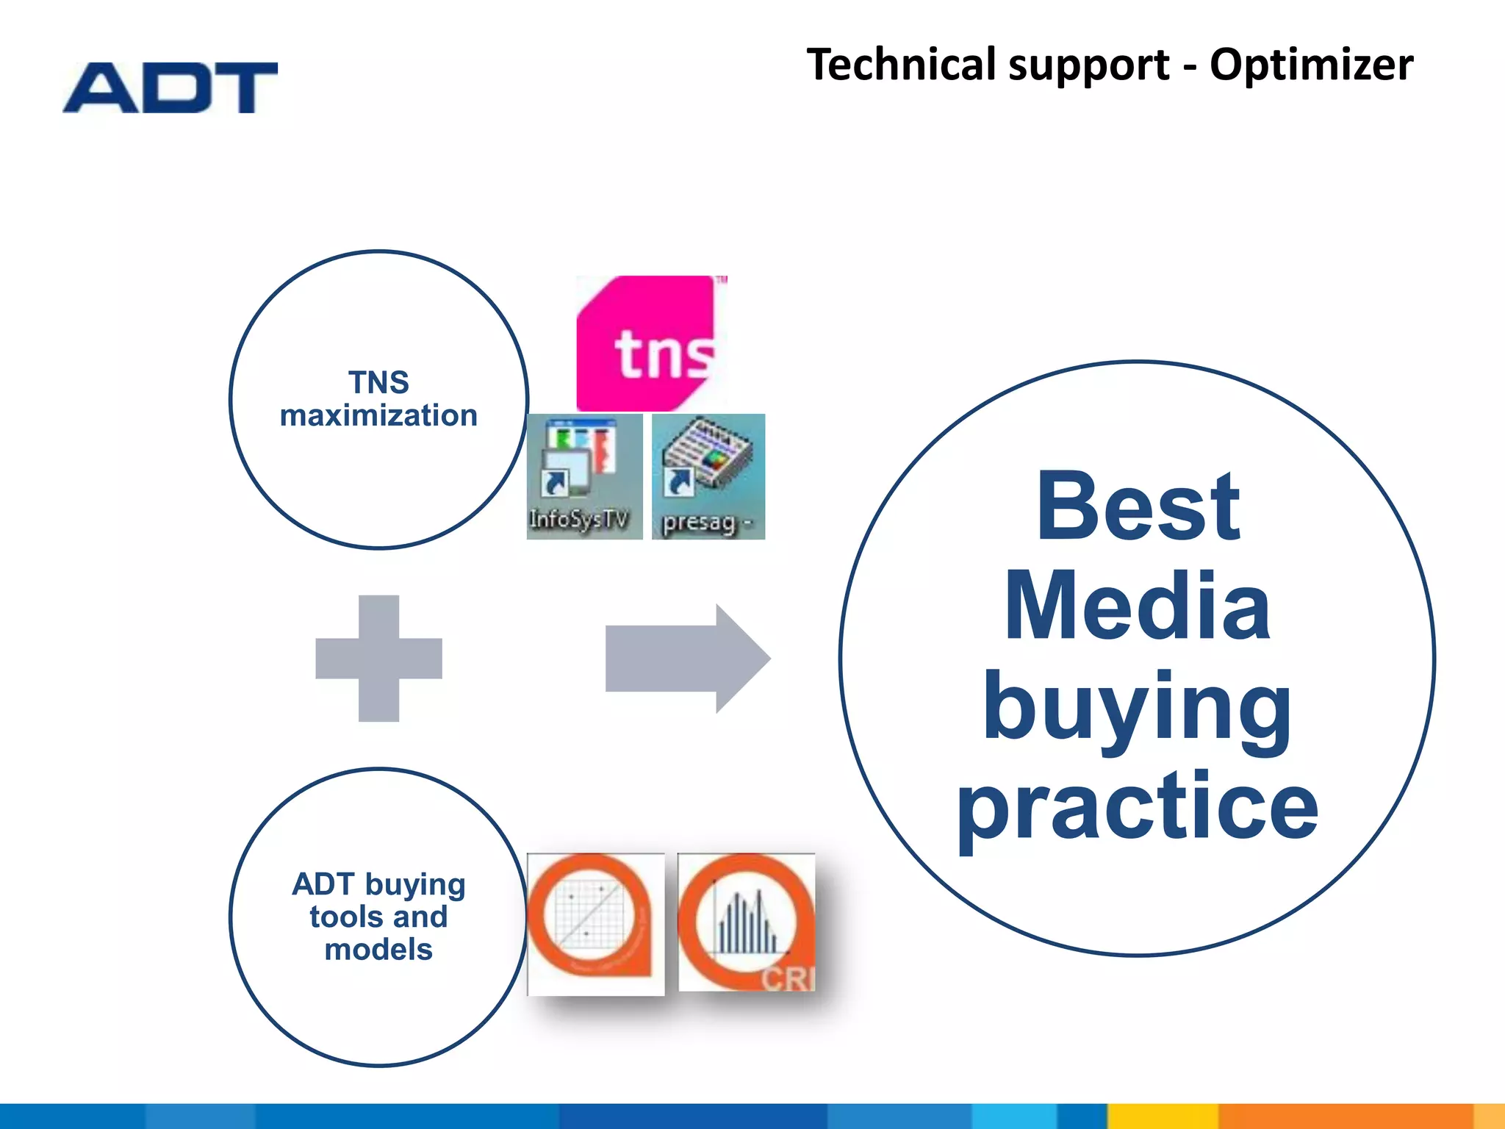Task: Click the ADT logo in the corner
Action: point(170,87)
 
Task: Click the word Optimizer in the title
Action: point(1311,65)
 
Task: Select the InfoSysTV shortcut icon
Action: point(583,476)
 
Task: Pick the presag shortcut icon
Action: point(708,476)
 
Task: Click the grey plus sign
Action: point(378,658)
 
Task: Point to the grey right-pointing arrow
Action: point(686,658)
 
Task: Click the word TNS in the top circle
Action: point(378,382)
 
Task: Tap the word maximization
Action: point(378,416)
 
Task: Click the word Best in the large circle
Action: point(1138,507)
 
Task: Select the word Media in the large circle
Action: point(1138,607)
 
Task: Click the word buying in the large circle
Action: point(1138,709)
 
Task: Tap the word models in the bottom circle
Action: point(378,950)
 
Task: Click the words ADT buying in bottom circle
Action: point(378,885)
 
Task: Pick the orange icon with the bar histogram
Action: point(745,922)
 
